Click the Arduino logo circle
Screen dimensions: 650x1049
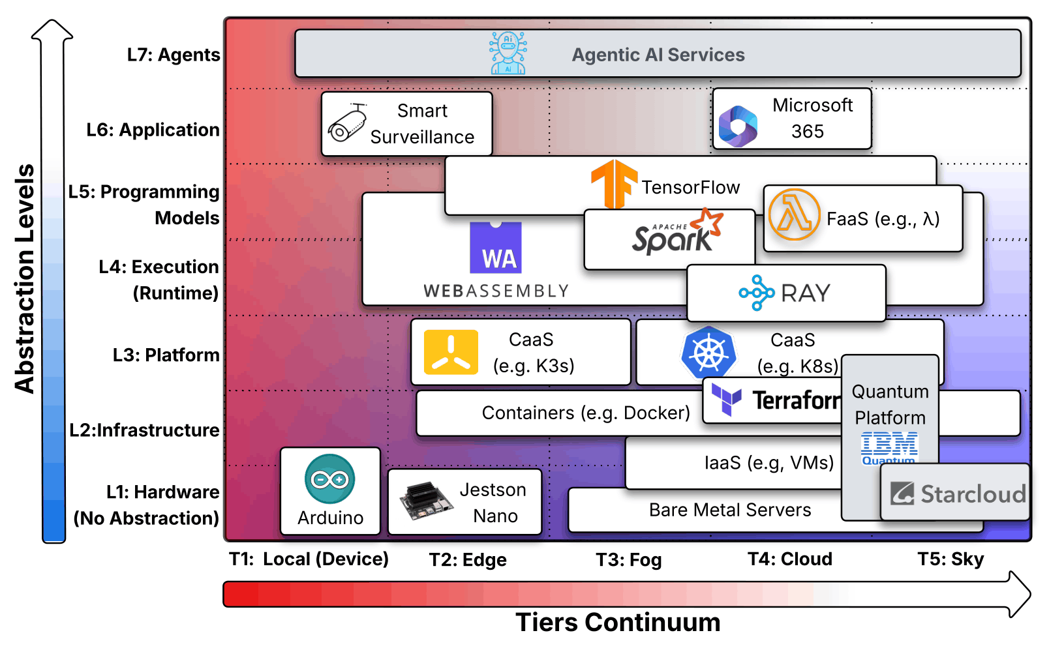(330, 479)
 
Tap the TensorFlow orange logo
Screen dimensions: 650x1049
(613, 184)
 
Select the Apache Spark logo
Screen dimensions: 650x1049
(677, 232)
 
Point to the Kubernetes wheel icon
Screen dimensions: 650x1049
(709, 353)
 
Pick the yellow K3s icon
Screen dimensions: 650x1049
(451, 353)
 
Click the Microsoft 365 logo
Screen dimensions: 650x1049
(738, 126)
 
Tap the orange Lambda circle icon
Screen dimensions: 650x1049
(794, 214)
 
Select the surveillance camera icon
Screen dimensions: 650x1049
(347, 123)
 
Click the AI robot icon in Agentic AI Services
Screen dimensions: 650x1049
(508, 53)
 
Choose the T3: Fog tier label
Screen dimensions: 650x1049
(629, 560)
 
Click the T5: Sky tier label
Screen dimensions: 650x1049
(950, 559)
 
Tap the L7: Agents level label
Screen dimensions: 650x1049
(174, 55)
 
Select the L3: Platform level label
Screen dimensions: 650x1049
(166, 355)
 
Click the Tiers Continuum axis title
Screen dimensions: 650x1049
(618, 623)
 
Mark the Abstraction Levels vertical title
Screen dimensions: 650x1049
(25, 279)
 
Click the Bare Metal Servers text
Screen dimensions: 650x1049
(730, 510)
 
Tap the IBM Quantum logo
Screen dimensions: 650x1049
(889, 448)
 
